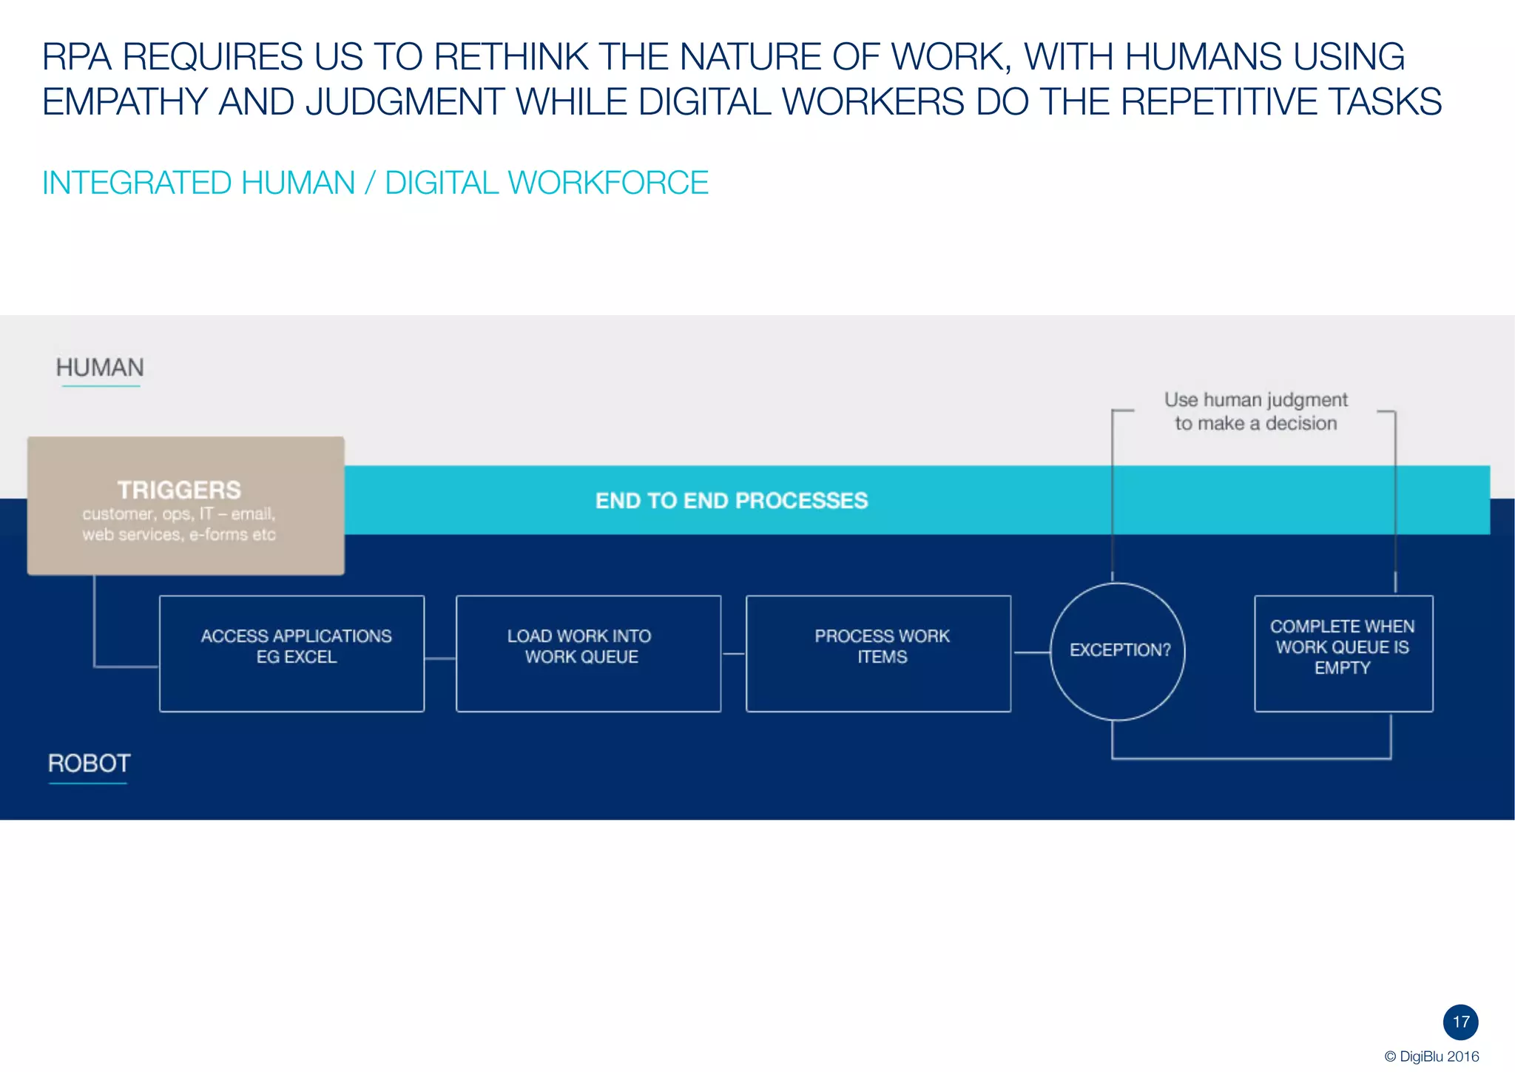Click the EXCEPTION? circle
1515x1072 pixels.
point(1118,651)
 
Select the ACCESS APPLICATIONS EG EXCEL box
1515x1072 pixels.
point(292,653)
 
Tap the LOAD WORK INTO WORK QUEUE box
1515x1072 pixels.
point(588,653)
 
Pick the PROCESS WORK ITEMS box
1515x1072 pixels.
point(878,653)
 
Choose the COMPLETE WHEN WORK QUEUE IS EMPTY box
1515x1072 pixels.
point(1343,653)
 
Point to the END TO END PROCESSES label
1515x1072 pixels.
point(732,501)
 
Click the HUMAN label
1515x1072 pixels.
point(100,368)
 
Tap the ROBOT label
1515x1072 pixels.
point(89,763)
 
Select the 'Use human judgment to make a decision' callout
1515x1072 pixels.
point(1255,411)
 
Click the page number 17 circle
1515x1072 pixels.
point(1460,1022)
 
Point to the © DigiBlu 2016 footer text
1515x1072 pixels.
point(1431,1056)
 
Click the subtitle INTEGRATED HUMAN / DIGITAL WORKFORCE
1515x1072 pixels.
point(375,183)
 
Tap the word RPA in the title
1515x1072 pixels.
point(76,57)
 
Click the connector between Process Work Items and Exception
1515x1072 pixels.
point(1031,653)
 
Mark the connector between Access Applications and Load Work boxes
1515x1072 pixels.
point(440,658)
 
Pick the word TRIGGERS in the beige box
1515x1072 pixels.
point(179,490)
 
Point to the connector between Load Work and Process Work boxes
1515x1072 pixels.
point(733,653)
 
